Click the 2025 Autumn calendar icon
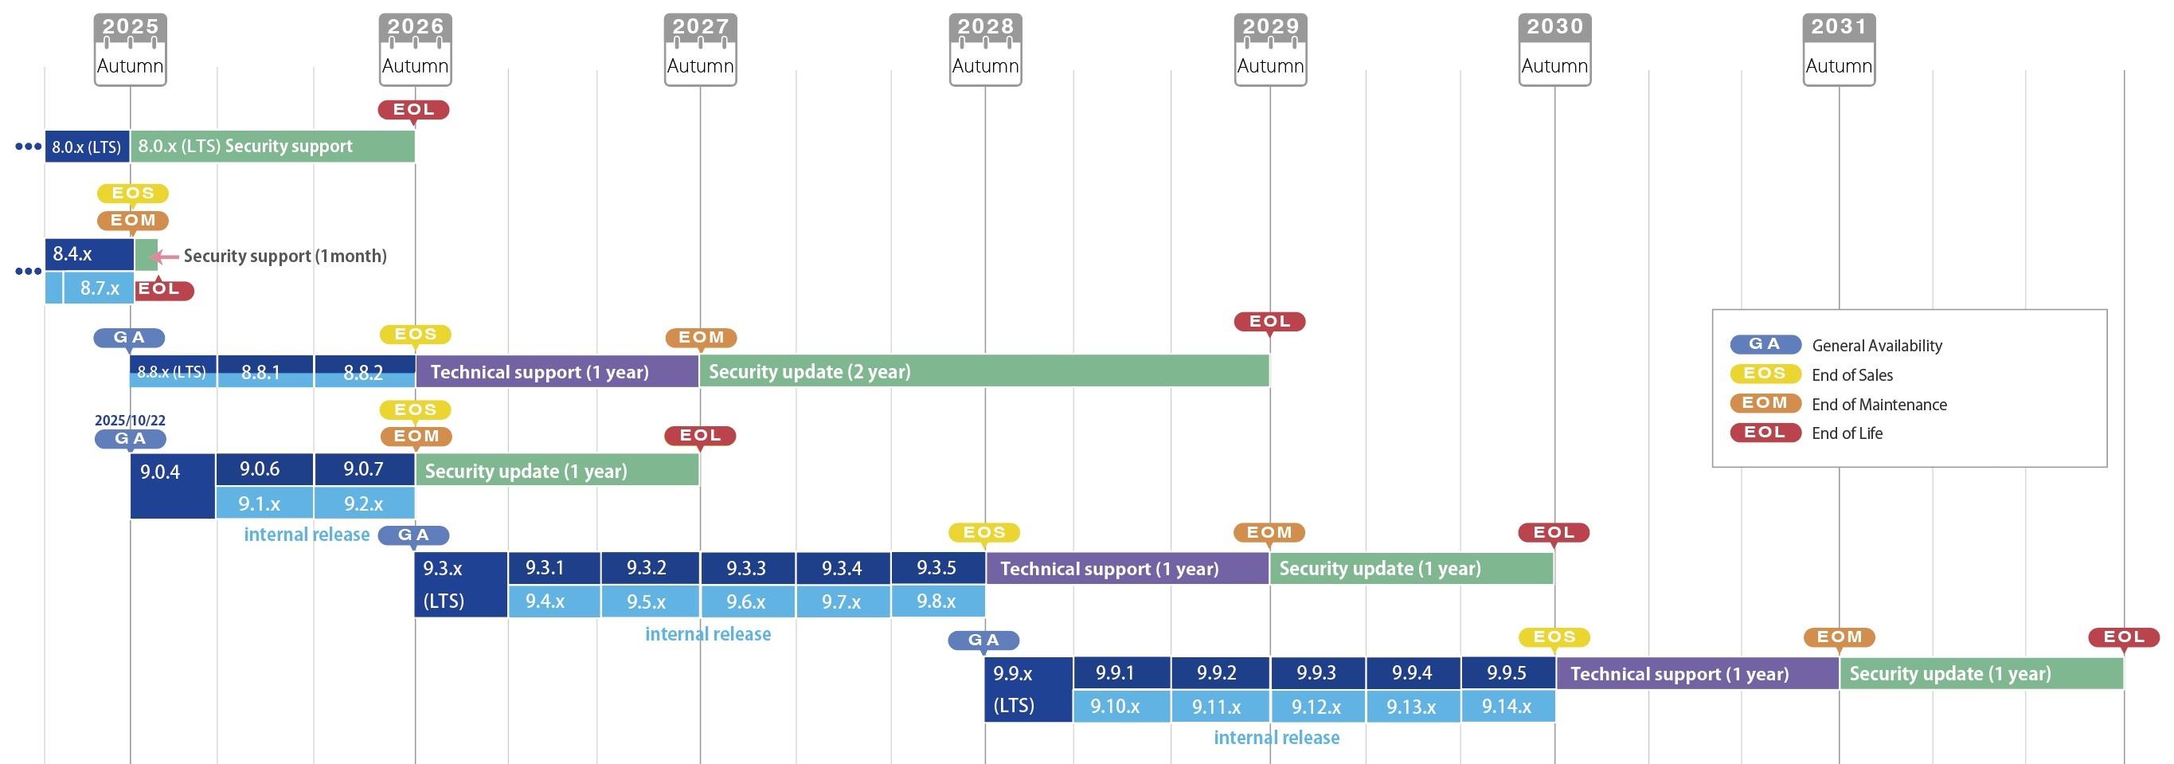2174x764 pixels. [130, 49]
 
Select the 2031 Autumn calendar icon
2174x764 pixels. [1839, 49]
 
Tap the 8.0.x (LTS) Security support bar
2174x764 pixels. [272, 146]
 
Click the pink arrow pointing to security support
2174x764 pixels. [165, 256]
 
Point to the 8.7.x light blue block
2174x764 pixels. [99, 288]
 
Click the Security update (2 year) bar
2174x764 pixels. [983, 371]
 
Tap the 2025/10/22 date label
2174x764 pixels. [130, 420]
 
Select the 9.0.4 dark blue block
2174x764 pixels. [172, 485]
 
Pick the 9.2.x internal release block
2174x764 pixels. [364, 503]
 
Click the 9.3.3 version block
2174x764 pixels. [747, 568]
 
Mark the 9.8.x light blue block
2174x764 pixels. [936, 601]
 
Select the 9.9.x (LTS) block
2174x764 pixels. [1028, 689]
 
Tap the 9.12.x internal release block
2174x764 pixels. [1316, 706]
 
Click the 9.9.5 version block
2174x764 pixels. [1507, 673]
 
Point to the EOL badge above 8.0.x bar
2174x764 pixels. [413, 110]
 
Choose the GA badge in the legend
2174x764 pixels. [1765, 344]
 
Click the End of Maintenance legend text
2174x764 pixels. [1879, 405]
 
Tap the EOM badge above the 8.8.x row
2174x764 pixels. [702, 338]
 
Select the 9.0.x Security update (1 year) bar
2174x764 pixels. [557, 470]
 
